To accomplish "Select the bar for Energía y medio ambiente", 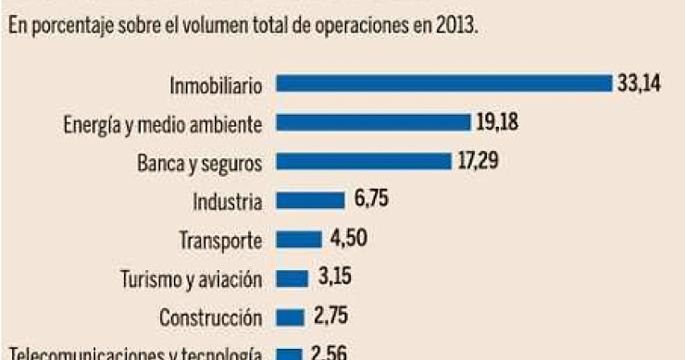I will (374, 123).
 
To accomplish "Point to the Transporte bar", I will (299, 240).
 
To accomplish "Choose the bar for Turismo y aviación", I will (292, 279).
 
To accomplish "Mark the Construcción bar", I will (291, 317).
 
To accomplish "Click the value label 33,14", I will (640, 84).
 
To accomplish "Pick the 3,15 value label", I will (336, 278).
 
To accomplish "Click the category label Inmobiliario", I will (217, 85).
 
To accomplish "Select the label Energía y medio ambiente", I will (164, 124).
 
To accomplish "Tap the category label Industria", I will (228, 202).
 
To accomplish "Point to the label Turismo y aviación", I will (192, 279).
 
